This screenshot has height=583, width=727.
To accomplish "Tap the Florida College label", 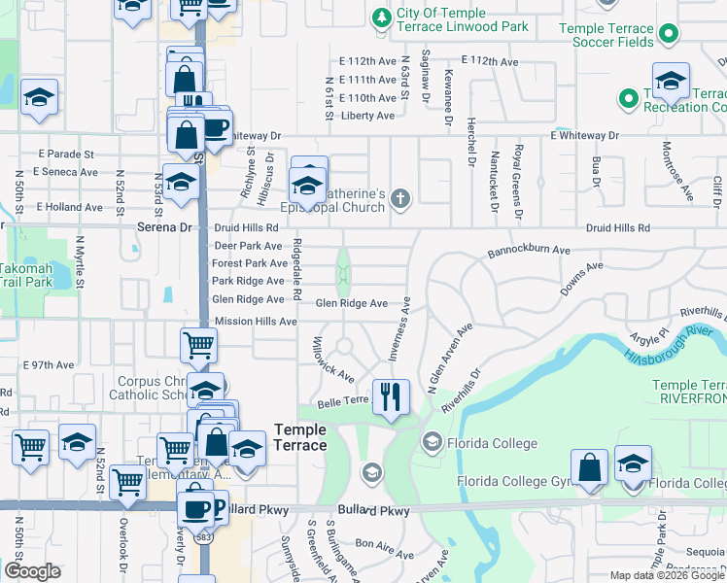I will (x=492, y=444).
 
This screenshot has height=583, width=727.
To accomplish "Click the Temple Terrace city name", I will (x=300, y=436).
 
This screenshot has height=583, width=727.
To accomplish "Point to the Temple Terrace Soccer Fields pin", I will (x=668, y=35).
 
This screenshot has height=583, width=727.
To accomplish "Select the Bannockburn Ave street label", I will (x=529, y=250).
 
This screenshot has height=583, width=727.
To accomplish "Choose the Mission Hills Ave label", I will (x=255, y=321).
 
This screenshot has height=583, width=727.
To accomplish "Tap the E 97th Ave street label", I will (x=48, y=365).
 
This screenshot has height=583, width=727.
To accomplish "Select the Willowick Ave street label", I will (x=331, y=359).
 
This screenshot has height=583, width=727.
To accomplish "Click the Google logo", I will (x=33, y=571).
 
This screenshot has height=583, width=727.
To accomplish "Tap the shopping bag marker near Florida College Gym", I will (x=589, y=468).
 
